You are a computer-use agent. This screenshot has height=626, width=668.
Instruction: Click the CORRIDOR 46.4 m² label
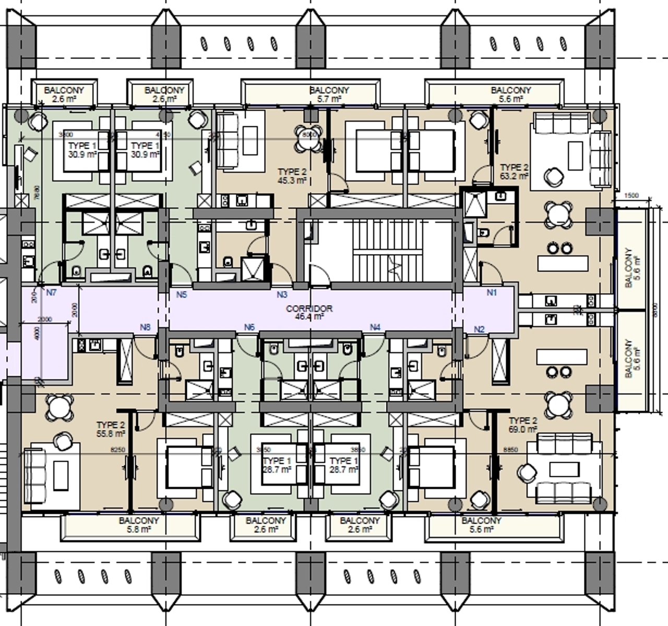309,312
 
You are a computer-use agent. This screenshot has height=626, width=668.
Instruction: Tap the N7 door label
51,293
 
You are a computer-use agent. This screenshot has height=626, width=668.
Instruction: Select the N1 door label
492,293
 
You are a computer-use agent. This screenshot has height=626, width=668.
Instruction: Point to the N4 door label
375,327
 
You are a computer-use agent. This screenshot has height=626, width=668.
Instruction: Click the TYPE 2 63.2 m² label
514,172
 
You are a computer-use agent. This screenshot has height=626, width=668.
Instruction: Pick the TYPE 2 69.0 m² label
522,425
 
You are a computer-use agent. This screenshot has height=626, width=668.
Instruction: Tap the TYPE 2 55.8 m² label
111,429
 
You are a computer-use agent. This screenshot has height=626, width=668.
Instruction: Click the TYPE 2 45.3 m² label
292,176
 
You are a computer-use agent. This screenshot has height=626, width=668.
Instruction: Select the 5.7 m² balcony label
329,94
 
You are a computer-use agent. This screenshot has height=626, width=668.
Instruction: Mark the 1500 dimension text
631,196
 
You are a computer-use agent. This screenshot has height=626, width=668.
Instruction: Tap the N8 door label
145,327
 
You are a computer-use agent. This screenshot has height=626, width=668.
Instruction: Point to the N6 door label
249,327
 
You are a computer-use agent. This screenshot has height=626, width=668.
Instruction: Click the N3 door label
282,295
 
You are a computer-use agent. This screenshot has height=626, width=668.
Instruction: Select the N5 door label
181,295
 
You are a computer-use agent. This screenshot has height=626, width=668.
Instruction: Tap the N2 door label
479,329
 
